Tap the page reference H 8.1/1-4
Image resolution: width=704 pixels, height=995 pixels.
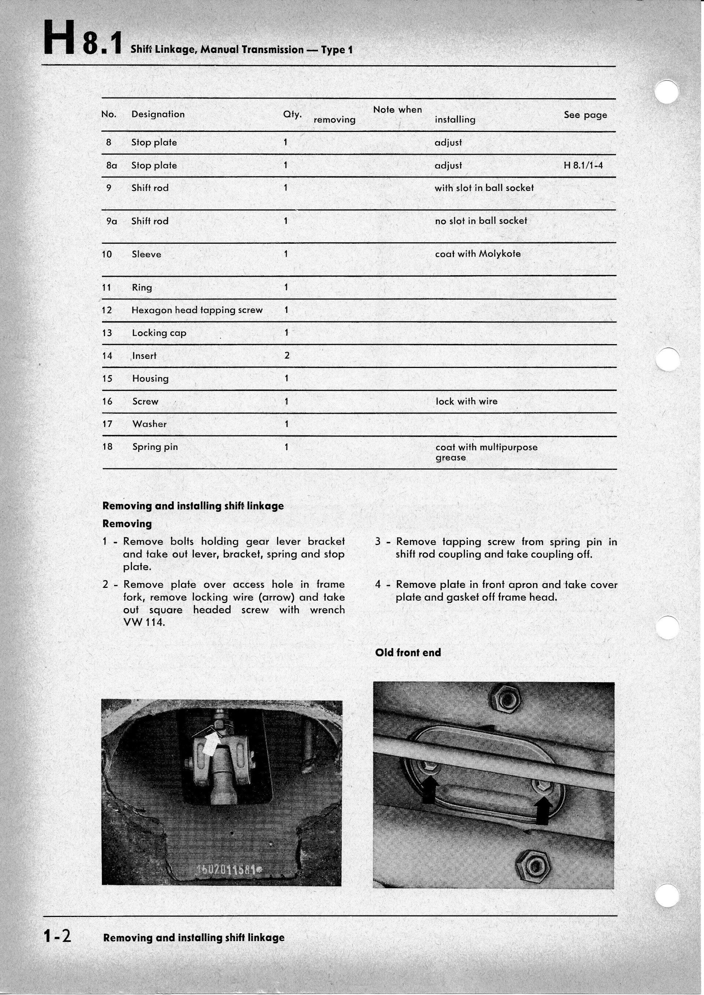pos(583,165)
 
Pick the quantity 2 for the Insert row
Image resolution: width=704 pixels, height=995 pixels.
pos(286,355)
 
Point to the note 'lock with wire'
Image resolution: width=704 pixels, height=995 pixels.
pos(466,401)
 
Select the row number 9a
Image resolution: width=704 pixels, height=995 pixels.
pos(111,221)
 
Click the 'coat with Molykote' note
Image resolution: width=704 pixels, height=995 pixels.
pos(477,254)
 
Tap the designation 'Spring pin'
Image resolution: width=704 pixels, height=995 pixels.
pos(155,447)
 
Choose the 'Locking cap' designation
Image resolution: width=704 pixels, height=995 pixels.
pos(159,333)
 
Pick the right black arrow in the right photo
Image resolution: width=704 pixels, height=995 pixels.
pos(542,810)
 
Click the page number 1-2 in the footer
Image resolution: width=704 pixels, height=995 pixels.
pos(57,937)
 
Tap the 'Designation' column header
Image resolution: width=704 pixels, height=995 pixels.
pos(158,114)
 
